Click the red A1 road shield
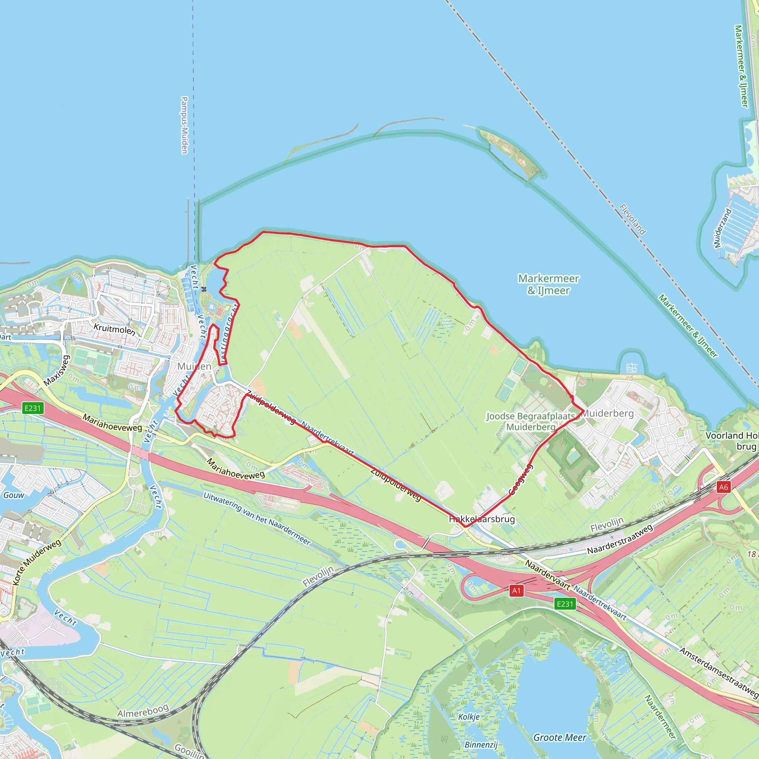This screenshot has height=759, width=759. click(516, 591)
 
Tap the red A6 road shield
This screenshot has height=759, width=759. click(723, 487)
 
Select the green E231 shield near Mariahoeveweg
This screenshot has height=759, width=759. click(33, 408)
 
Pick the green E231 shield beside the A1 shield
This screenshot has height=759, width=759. click(565, 604)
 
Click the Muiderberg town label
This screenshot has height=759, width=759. click(607, 413)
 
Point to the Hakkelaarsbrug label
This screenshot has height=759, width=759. click(482, 519)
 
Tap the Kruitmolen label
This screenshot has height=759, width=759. click(114, 329)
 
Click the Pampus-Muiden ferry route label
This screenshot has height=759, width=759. click(184, 125)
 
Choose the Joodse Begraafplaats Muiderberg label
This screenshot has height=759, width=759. click(531, 421)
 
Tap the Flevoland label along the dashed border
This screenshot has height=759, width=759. click(632, 219)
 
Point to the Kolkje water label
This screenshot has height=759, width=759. click(469, 717)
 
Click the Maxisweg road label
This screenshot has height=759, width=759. click(57, 371)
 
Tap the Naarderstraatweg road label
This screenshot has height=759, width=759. click(620, 538)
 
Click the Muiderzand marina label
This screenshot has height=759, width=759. click(722, 228)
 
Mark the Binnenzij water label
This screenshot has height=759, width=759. click(481, 745)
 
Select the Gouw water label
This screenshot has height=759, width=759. click(14, 495)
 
